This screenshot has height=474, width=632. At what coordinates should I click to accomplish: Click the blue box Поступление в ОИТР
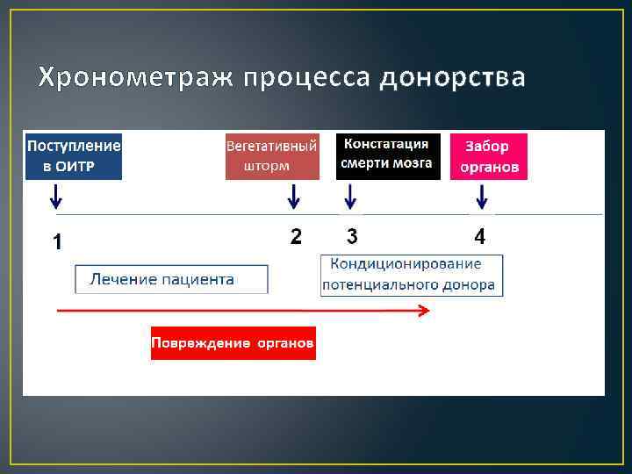point(74,155)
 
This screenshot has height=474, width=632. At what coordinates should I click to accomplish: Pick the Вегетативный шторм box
point(271,155)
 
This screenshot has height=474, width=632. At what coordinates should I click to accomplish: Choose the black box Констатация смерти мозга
point(387,155)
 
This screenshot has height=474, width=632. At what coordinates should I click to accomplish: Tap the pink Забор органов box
point(488,155)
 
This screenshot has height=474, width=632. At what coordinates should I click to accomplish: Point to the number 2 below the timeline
point(296,236)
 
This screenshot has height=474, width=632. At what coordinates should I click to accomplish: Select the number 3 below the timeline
point(352,236)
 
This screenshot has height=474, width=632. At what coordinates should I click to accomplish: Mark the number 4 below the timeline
point(479,236)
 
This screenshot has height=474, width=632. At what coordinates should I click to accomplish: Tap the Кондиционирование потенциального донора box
point(411,275)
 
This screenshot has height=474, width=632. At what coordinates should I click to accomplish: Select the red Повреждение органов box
point(233,342)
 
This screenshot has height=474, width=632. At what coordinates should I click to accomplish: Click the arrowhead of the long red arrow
point(424,310)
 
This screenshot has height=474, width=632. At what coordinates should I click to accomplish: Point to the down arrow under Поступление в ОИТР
point(56,196)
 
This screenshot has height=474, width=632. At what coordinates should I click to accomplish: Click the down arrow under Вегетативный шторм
point(294,196)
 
